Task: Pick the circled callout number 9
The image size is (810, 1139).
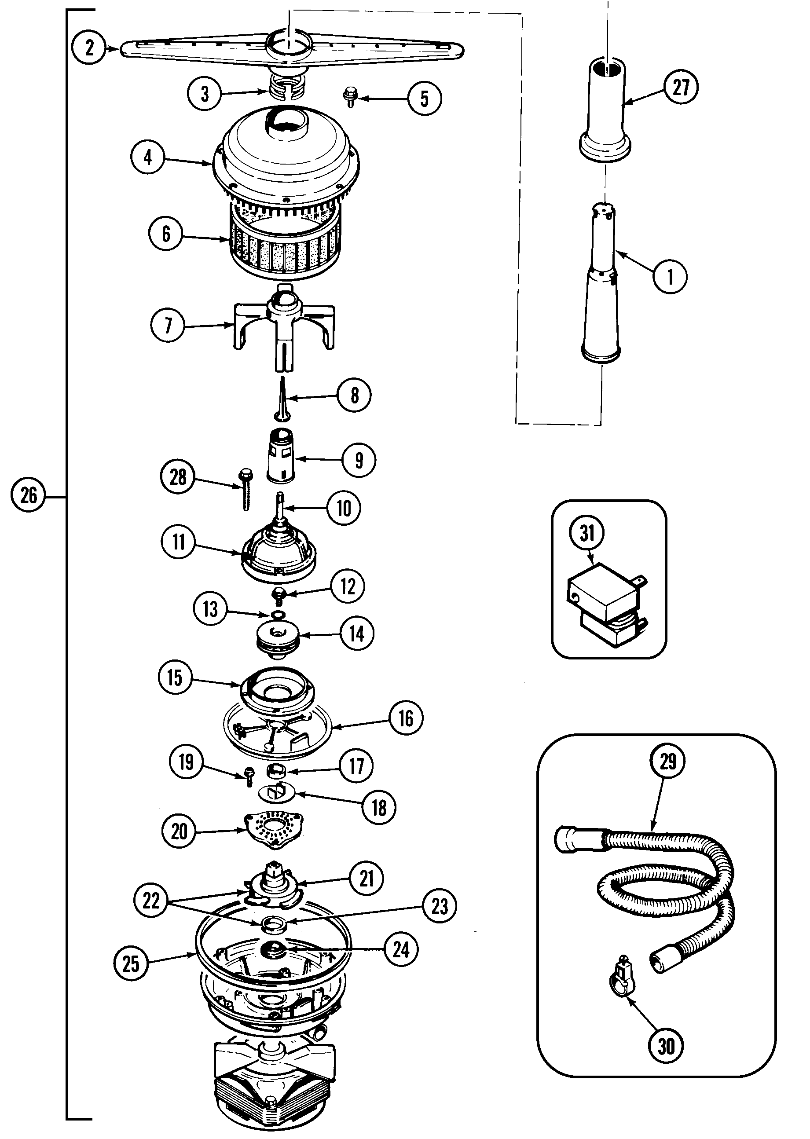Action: [x=359, y=460]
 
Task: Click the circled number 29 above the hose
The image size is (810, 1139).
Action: [x=668, y=762]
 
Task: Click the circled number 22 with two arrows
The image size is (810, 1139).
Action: [x=151, y=901]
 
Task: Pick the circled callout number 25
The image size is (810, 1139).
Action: [x=131, y=963]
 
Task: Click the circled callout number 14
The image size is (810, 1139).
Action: [x=357, y=634]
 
